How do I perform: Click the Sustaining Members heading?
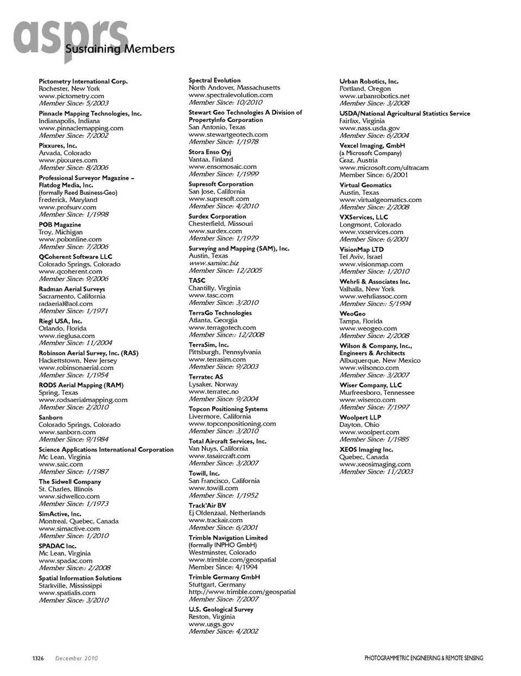click(x=120, y=49)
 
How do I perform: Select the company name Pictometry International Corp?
click(x=83, y=81)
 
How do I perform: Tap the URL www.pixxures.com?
click(x=68, y=161)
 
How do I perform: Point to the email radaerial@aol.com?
click(x=66, y=304)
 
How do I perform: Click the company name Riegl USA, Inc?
click(x=60, y=321)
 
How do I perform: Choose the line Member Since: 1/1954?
click(x=73, y=375)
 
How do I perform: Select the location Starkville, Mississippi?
click(x=70, y=586)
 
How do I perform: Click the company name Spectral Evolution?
click(x=214, y=80)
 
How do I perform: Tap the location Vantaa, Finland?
click(x=211, y=160)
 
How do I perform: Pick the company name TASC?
click(x=197, y=280)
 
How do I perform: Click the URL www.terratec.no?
click(x=213, y=392)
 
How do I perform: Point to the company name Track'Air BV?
click(x=207, y=506)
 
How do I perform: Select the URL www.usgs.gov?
click(x=211, y=624)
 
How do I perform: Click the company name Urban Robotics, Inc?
click(x=369, y=81)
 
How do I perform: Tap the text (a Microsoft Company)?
click(x=371, y=153)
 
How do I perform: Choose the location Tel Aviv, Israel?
click(x=361, y=257)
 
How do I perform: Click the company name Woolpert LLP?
click(x=360, y=418)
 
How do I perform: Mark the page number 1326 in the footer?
click(x=38, y=658)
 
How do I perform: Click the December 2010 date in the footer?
click(x=77, y=658)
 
